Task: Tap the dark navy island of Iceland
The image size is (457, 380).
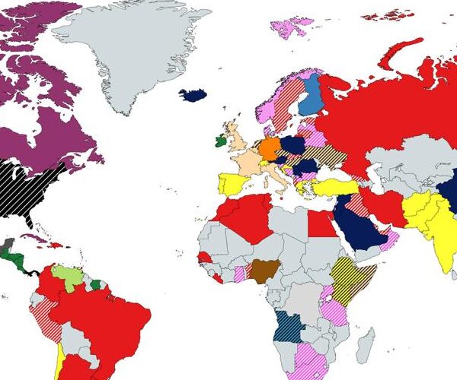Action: [x=193, y=95]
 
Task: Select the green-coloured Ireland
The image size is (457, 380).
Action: [x=221, y=141]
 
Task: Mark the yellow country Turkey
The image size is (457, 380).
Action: [x=335, y=187]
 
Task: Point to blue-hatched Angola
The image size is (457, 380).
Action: [x=289, y=327]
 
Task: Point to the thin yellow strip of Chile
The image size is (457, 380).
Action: [x=59, y=361]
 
